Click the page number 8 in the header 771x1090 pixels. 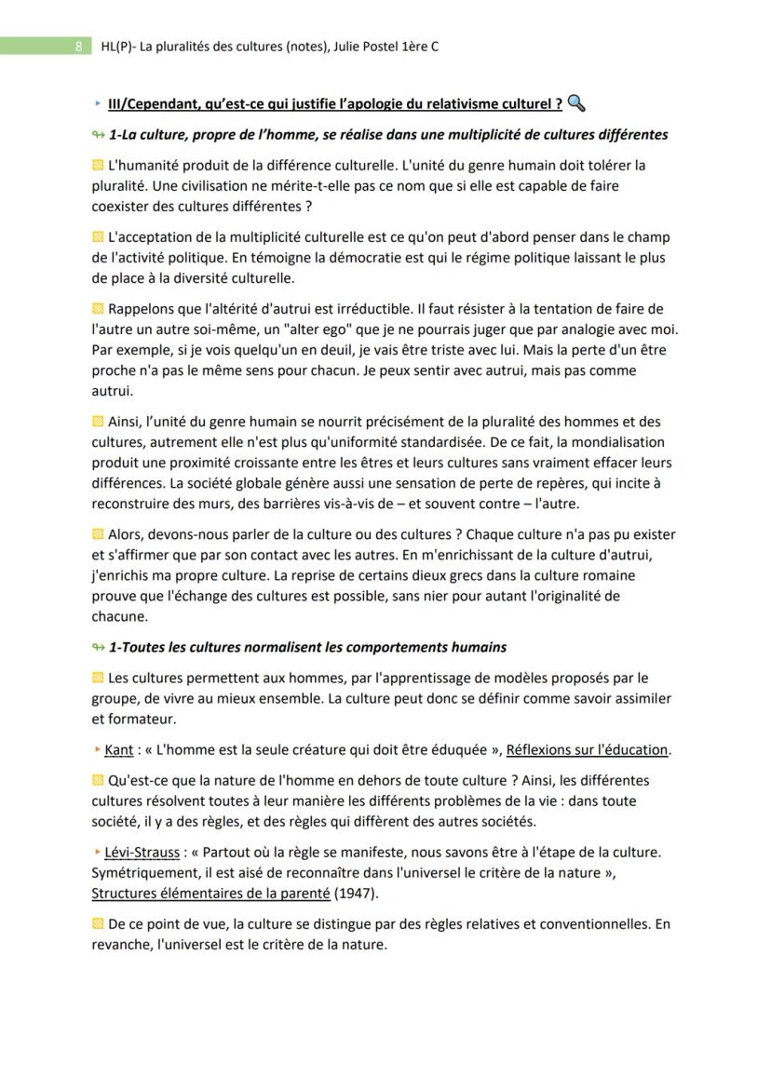(x=79, y=45)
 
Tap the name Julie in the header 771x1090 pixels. (x=349, y=45)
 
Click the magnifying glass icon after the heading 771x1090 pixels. (x=575, y=102)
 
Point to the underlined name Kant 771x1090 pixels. (x=118, y=750)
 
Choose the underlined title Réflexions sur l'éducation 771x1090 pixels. (x=588, y=750)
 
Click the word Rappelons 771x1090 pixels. (x=142, y=309)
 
